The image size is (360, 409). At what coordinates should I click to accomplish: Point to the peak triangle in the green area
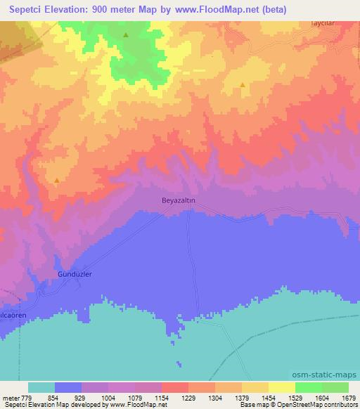point(125,34)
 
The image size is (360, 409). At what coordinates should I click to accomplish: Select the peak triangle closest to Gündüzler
point(56,180)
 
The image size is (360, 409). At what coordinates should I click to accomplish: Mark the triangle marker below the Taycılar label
point(243,85)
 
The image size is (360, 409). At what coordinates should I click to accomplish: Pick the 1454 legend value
point(269,398)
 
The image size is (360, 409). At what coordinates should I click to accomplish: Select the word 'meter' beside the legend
point(12,398)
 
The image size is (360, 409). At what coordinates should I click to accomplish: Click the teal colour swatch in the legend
point(41,387)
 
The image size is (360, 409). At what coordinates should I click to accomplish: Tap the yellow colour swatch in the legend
point(282,387)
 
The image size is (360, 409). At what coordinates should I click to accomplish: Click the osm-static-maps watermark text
point(331,373)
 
